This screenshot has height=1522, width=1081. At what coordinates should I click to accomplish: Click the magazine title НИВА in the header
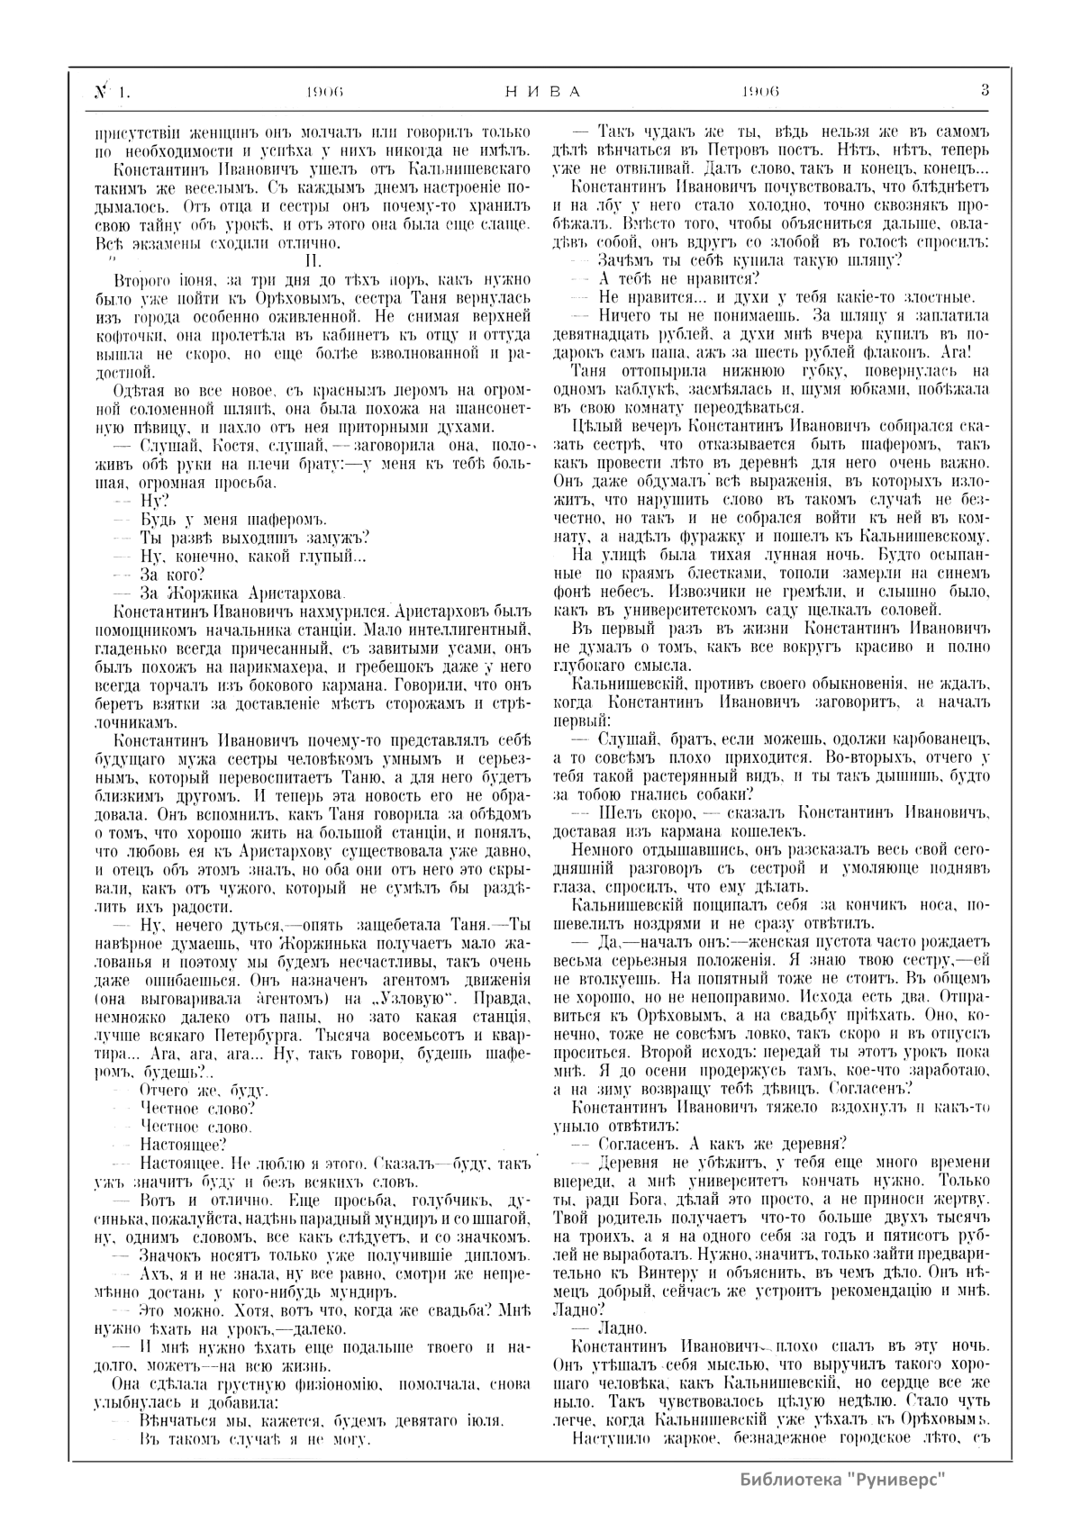[539, 91]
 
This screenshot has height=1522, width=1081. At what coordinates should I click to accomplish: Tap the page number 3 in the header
[985, 90]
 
